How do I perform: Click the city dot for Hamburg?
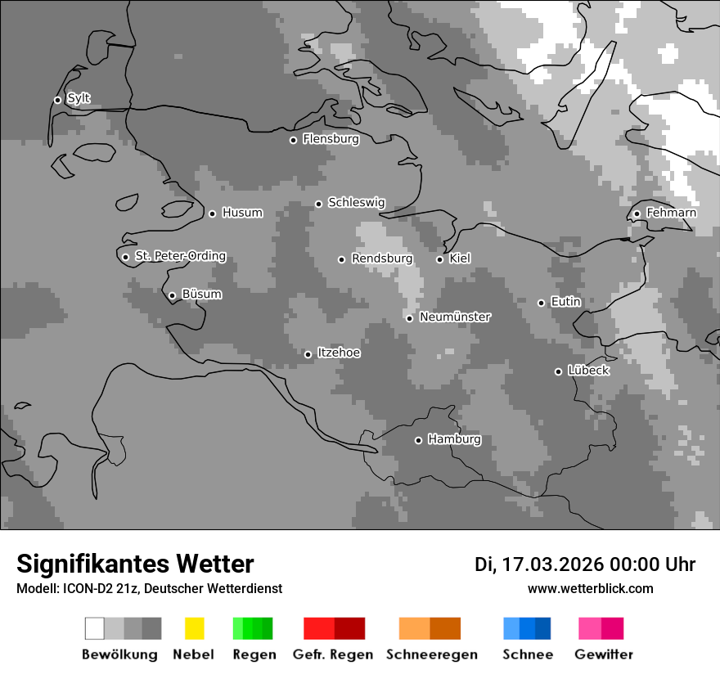[418, 440]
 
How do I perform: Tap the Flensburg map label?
[331, 139]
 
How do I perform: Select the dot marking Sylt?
[57, 100]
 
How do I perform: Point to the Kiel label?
[460, 259]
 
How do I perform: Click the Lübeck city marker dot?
[558, 371]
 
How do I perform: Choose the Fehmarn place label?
[671, 213]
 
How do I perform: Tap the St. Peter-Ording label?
[180, 256]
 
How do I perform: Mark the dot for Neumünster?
[409, 318]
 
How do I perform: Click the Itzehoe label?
[339, 353]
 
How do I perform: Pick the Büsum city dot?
[172, 295]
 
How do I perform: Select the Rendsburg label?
[382, 259]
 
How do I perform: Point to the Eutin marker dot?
[541, 303]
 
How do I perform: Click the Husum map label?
[242, 213]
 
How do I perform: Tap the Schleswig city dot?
[318, 204]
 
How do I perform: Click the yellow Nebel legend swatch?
[194, 628]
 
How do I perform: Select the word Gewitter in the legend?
[604, 654]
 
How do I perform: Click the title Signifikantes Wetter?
[135, 564]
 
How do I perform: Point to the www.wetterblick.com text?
[591, 588]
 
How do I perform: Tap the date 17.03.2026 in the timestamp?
[552, 564]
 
